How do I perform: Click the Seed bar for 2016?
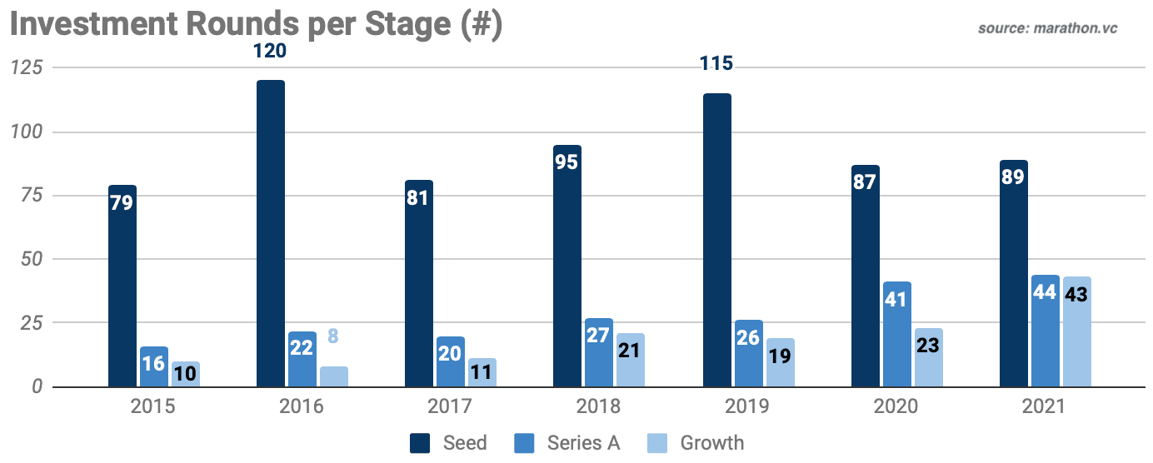coord(271,233)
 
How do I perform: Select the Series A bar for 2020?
coord(896,334)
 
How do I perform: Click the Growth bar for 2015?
coord(186,374)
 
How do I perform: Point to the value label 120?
coord(270,52)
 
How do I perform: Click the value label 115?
coord(716,64)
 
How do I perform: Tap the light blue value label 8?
coord(333,337)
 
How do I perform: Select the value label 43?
coord(1076,294)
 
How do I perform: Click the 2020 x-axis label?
coord(896,407)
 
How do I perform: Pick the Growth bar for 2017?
coord(482,372)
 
